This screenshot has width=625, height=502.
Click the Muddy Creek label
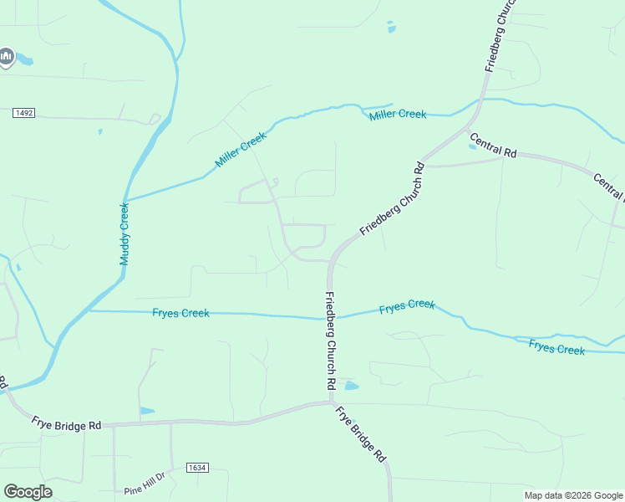tap(124, 234)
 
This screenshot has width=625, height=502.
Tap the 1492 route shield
tap(23, 113)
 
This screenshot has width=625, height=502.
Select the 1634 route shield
tap(197, 468)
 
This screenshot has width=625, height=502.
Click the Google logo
tap(28, 492)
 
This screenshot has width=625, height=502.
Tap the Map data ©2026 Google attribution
tap(573, 495)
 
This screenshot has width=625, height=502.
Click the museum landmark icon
tap(7, 57)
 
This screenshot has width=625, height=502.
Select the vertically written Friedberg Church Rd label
tap(330, 341)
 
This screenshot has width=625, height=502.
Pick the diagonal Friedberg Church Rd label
tap(393, 198)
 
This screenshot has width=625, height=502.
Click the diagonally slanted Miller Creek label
tap(240, 150)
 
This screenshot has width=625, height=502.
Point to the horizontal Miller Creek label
tap(398, 114)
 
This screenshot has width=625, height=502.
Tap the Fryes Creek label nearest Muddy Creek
tap(180, 313)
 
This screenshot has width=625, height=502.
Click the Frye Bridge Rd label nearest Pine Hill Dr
tap(67, 423)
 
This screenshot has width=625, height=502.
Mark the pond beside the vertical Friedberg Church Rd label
tap(351, 386)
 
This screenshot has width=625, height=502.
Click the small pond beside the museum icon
tap(25, 61)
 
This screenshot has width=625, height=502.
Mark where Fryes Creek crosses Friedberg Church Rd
tap(329, 318)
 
